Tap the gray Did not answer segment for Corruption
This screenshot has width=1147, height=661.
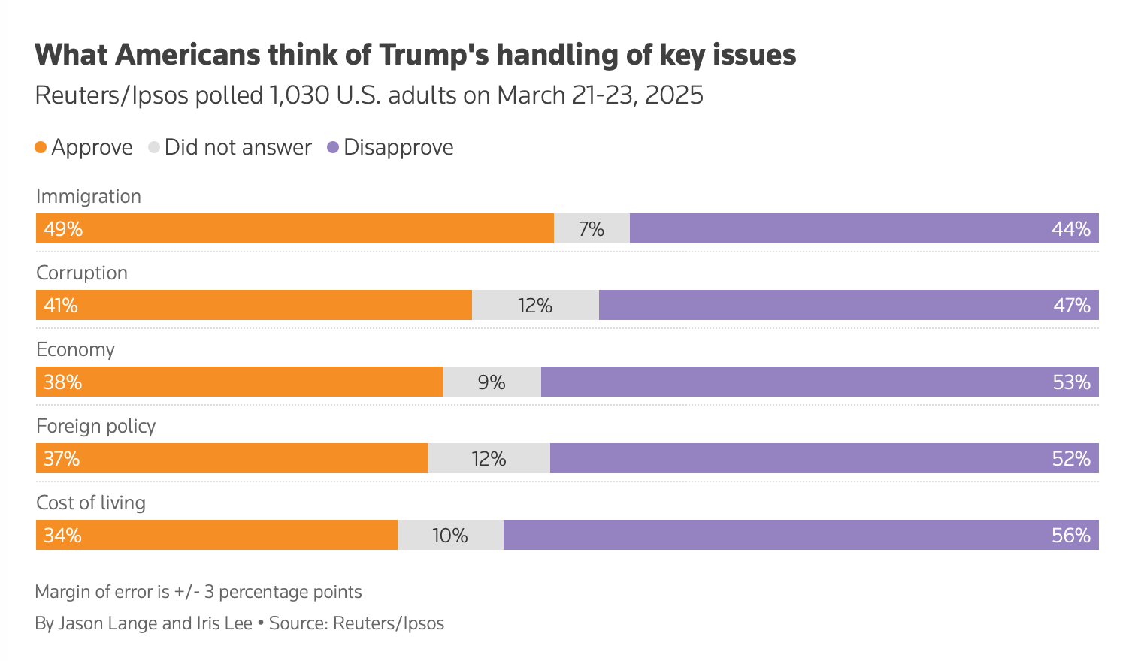535,305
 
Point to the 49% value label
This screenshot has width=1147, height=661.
63,228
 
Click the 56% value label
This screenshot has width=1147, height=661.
1071,535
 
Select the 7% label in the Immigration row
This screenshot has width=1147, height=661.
592,228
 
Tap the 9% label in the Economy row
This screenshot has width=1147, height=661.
492,382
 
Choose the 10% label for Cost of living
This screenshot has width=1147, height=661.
449,535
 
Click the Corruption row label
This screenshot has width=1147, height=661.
82,273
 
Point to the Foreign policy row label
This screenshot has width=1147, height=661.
95,426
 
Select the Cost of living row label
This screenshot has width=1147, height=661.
91,503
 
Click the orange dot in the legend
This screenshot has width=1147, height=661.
41,147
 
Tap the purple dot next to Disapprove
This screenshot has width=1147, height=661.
333,147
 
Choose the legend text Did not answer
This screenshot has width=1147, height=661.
238,147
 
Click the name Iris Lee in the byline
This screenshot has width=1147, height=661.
224,623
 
